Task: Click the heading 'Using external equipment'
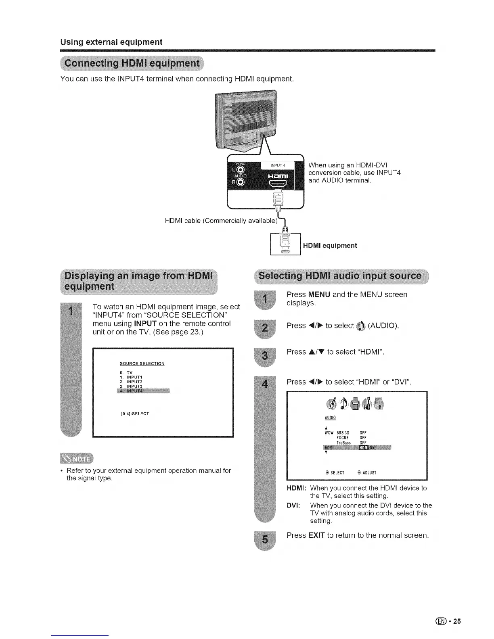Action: pos(111,42)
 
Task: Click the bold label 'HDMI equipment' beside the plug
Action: pos(330,245)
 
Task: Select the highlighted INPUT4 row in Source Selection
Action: pos(143,390)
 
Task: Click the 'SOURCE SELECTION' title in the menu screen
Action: pos(142,363)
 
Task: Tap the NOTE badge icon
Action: pos(76,459)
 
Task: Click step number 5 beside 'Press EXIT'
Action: pos(264,540)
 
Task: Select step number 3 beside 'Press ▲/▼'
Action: pos(264,355)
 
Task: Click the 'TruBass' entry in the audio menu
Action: pos(343,443)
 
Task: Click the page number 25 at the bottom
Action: pos(456,621)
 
